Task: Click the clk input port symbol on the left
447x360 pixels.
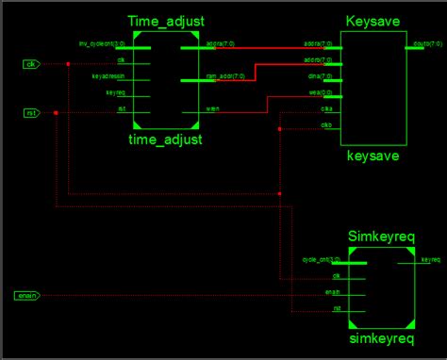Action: (31, 64)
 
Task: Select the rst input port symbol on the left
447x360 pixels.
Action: (31, 114)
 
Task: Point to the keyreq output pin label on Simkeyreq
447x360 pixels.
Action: (430, 259)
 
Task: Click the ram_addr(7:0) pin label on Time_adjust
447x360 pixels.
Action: (222, 78)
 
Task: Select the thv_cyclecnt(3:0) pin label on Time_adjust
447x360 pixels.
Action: (98, 44)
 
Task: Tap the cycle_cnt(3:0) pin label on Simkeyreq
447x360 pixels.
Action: (322, 259)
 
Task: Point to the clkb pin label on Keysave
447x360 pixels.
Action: (325, 124)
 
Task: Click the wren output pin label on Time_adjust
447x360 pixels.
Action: (213, 109)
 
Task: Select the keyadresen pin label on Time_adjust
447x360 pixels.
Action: (108, 77)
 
